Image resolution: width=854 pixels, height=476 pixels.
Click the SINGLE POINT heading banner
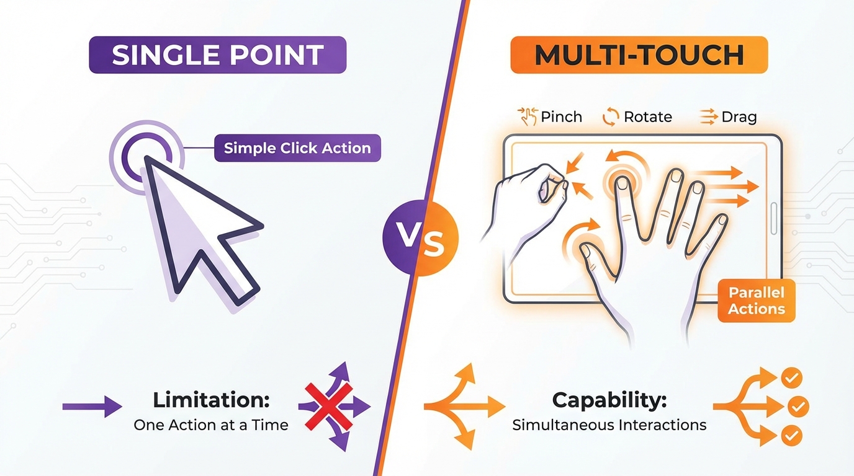(x=217, y=55)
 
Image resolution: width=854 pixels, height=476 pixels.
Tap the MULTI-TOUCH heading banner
(x=639, y=55)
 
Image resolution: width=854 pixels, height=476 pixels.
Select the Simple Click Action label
(x=297, y=148)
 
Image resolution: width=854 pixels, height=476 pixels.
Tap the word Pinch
(x=561, y=117)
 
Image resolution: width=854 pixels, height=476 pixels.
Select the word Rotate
(x=648, y=117)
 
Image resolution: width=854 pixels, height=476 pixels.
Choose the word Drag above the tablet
(x=739, y=117)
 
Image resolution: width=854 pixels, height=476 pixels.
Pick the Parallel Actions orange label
(x=757, y=301)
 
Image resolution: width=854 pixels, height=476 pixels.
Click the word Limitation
(x=211, y=400)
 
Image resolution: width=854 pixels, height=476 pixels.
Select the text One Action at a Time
(x=211, y=425)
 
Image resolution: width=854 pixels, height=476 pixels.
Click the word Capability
(x=609, y=400)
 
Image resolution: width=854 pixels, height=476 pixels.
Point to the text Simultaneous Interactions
(x=609, y=425)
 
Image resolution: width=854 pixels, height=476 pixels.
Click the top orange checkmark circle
(x=791, y=377)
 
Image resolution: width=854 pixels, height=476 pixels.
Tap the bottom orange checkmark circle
(x=791, y=435)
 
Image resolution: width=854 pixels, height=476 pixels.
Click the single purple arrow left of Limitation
(x=92, y=407)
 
